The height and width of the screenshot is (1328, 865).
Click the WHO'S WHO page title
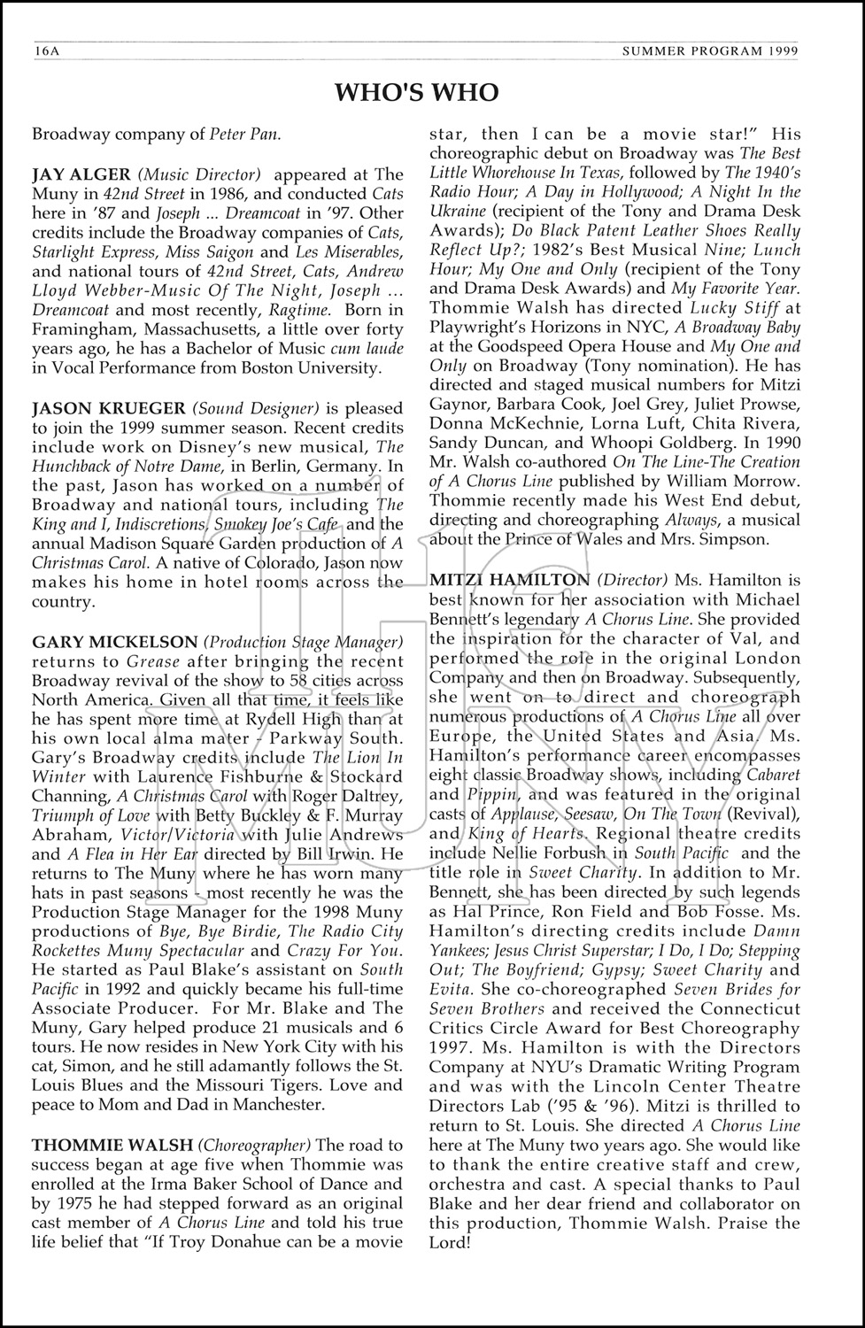(x=416, y=92)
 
